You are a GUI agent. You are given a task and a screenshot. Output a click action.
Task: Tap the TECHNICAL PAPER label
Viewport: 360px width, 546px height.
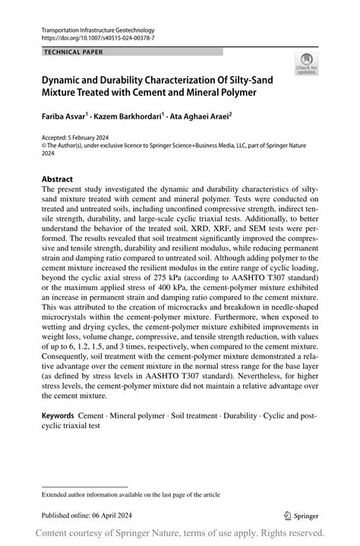tap(73, 52)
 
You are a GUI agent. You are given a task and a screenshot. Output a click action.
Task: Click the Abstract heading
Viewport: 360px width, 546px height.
tap(58, 180)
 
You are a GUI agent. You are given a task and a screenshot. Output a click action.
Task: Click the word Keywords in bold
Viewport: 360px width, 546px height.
tap(58, 416)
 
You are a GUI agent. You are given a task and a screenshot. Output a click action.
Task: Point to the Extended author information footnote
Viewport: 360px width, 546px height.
tap(131, 494)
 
